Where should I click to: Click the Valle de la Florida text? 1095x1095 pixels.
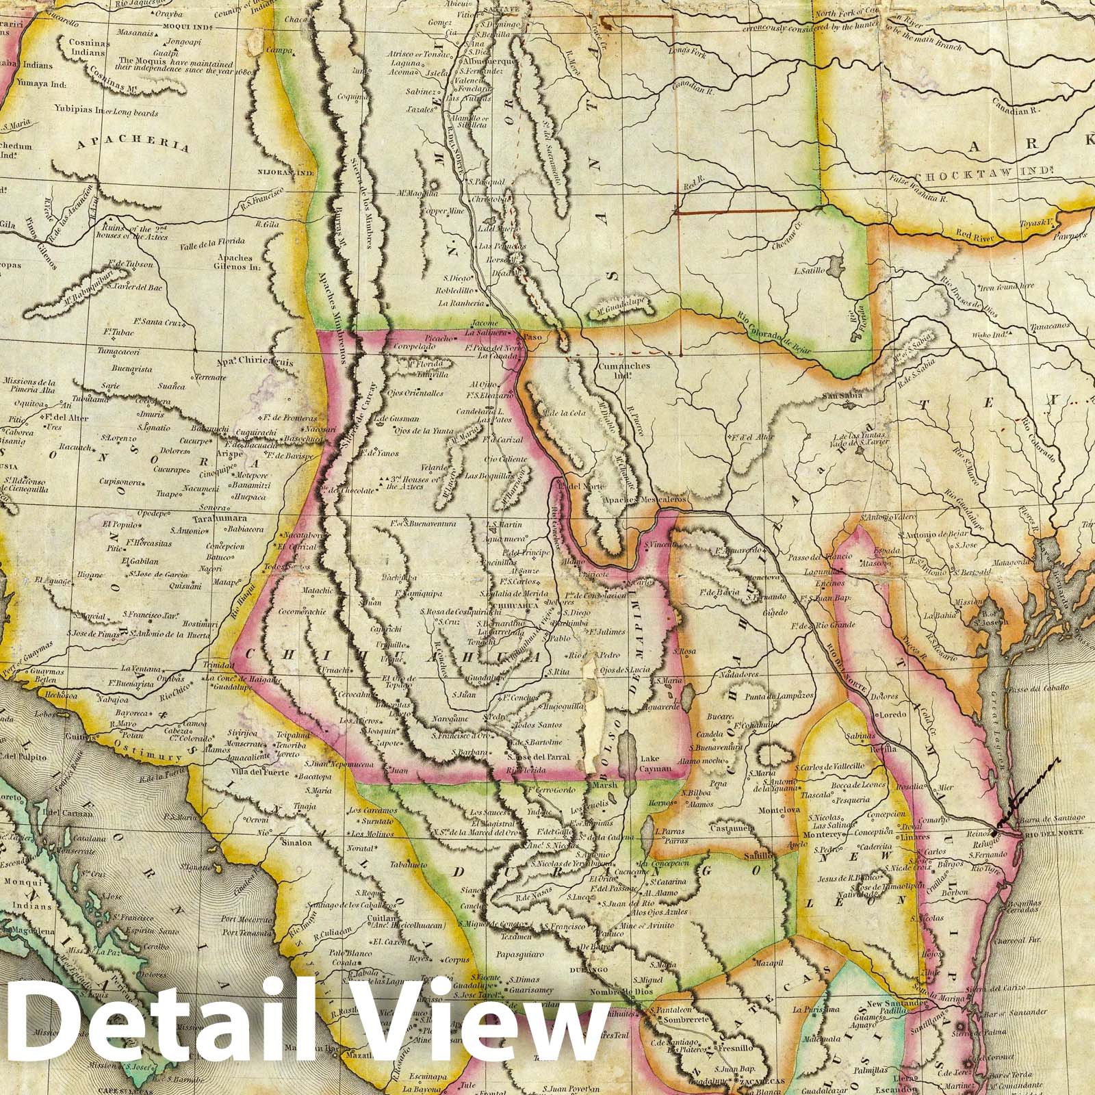pos(213,245)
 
